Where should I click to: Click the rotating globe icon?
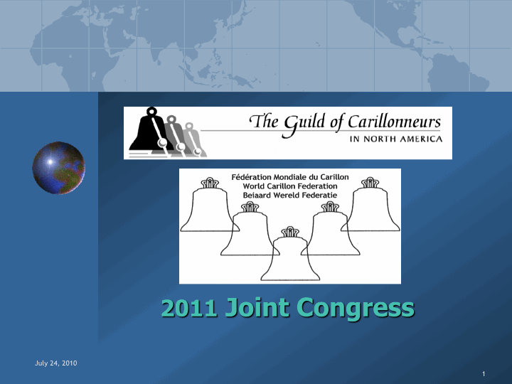point(58,168)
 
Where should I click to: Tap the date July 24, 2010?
point(56,363)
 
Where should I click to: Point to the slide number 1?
point(484,374)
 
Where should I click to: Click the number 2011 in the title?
point(189,308)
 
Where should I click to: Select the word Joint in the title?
point(257,307)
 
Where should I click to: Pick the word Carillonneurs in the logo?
point(394,122)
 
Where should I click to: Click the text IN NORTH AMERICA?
point(396,139)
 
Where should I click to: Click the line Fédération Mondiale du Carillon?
point(290,177)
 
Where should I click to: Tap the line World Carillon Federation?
point(290,186)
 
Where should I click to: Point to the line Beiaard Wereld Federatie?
point(290,196)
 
